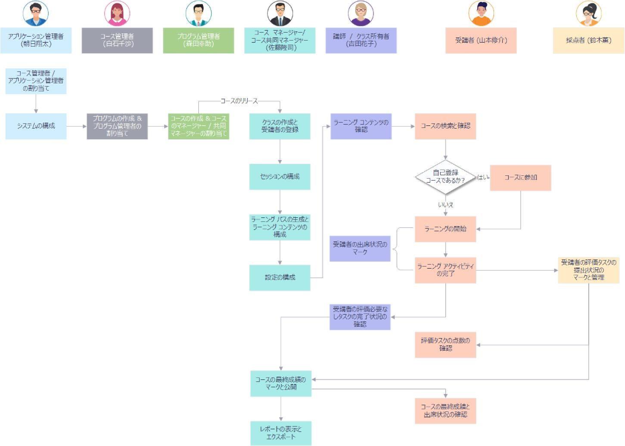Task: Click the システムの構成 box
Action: [x=35, y=126]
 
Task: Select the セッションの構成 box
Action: [x=280, y=177]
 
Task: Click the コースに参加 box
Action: [x=520, y=177]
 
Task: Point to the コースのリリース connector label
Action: [x=238, y=101]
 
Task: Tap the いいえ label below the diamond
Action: [x=445, y=205]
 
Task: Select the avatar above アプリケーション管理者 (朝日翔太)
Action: [x=35, y=13]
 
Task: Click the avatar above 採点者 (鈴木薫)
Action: [x=588, y=13]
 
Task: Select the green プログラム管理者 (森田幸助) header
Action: [x=198, y=40]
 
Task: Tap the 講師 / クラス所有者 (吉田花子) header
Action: [x=361, y=40]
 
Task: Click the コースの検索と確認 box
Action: [x=445, y=126]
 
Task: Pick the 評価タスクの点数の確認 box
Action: [x=445, y=344]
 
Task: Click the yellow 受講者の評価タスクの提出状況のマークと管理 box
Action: [x=588, y=269]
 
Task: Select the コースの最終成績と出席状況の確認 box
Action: [x=445, y=410]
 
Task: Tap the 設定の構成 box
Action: [x=280, y=277]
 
